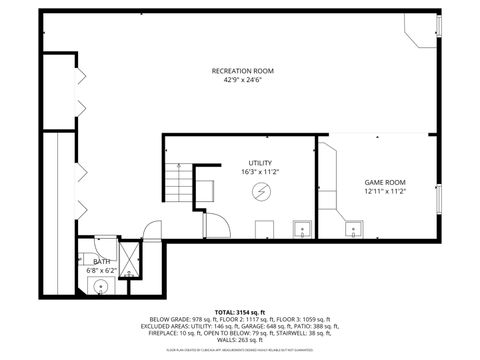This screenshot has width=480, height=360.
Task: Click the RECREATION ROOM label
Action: point(242,71)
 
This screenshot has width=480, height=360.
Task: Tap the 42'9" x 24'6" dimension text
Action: point(242,81)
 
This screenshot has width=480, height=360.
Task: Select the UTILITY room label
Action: point(260,163)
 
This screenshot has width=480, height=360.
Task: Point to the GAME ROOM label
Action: point(385,182)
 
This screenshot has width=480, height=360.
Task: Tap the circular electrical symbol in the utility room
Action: point(261,191)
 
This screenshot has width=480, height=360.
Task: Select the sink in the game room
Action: point(352,231)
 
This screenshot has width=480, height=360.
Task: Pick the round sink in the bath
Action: point(101,286)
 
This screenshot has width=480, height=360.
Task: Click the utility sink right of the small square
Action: point(300,230)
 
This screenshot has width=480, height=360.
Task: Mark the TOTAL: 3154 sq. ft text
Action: point(240,312)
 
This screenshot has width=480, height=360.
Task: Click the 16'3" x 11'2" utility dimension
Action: point(260,172)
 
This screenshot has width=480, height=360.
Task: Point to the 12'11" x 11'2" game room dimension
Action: point(385,191)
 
